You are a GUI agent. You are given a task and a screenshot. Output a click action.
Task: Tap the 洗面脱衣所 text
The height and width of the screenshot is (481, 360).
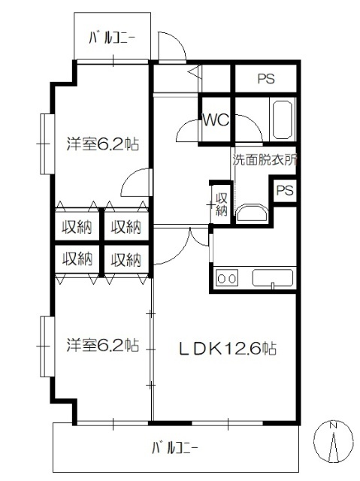point(265,160)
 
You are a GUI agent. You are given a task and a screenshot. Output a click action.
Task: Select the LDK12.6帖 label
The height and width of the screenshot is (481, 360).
point(227,348)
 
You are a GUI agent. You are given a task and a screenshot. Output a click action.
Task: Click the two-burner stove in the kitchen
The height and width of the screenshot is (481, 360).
point(227,278)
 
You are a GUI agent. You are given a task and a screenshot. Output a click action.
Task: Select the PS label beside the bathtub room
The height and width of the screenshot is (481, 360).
point(266,77)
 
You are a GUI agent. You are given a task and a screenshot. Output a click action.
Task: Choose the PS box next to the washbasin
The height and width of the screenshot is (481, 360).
point(285,190)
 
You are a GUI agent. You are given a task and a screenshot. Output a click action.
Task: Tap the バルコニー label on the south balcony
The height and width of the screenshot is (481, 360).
point(174,447)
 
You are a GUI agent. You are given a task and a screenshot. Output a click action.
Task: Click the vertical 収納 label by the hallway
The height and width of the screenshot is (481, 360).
point(220,204)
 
